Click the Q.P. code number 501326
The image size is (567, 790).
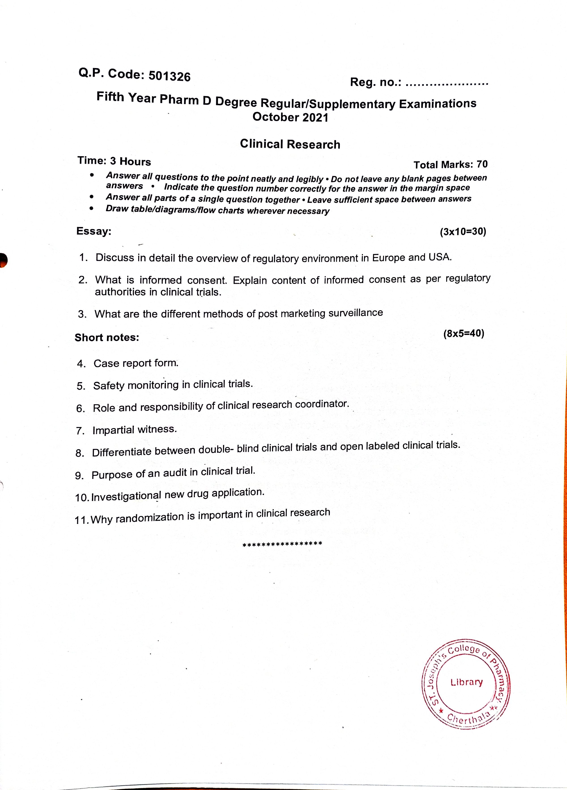click(x=170, y=76)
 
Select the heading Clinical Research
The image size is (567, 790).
click(x=290, y=144)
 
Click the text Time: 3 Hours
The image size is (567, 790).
click(x=114, y=161)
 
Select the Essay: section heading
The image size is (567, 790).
click(x=94, y=231)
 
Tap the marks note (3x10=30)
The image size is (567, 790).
click(x=463, y=232)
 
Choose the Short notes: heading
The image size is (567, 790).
click(x=107, y=337)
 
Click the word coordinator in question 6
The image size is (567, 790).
click(x=321, y=404)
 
